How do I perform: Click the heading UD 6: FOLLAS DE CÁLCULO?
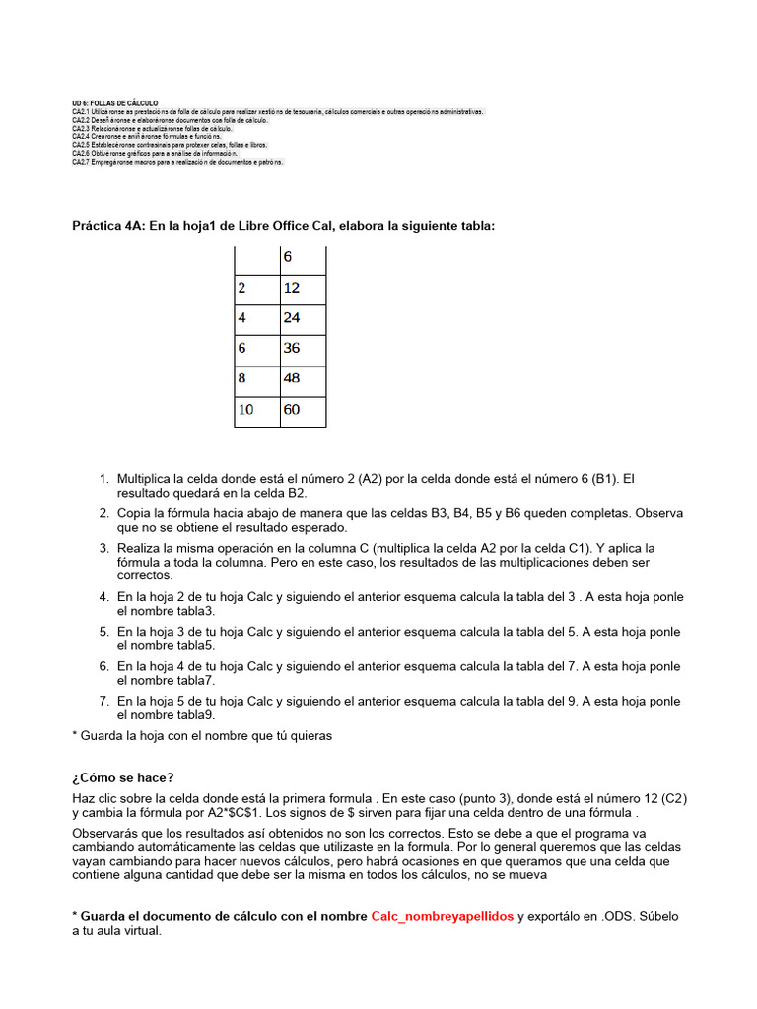click(114, 103)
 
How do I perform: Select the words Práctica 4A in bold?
click(107, 226)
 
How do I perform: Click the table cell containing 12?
click(303, 289)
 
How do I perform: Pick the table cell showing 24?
click(303, 319)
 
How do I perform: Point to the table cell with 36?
click(303, 349)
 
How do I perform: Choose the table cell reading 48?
click(303, 379)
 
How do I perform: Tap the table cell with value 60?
click(303, 410)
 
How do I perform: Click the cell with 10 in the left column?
click(256, 410)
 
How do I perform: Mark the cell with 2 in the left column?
click(256, 289)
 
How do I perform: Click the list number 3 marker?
click(103, 548)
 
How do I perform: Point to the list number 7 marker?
click(103, 701)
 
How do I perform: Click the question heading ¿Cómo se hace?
click(123, 777)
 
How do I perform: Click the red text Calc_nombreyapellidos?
click(442, 916)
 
